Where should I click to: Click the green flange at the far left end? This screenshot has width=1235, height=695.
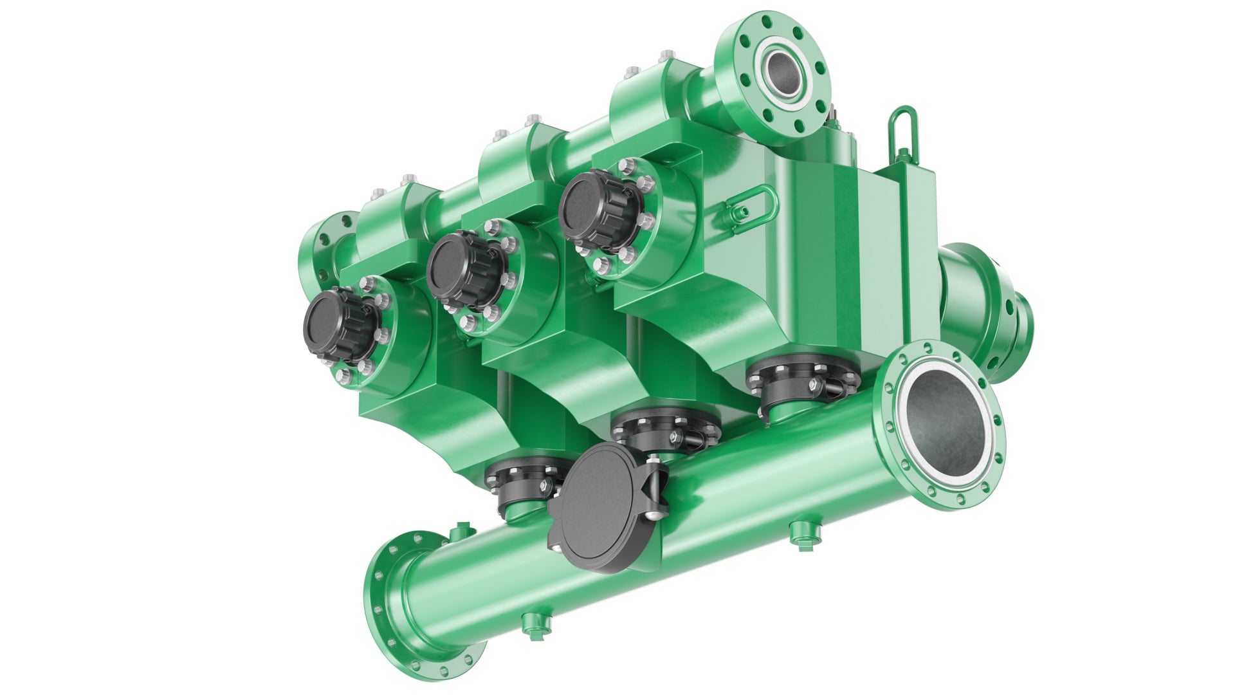(x=322, y=248)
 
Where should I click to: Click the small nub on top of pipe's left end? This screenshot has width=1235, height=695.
(x=461, y=532)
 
